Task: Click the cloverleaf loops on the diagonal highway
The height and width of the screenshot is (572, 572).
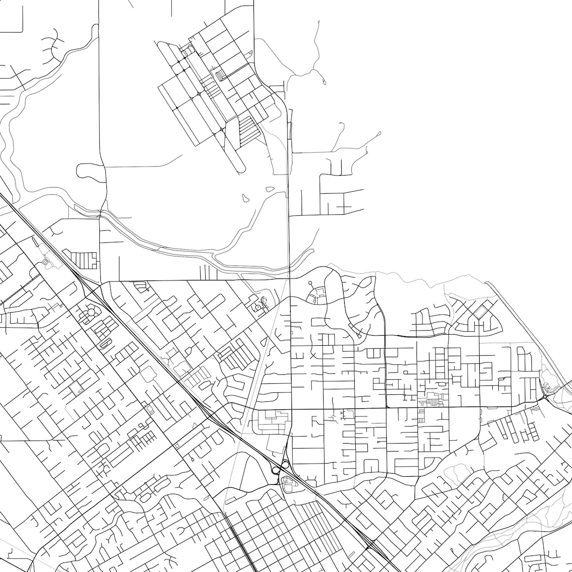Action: (277, 468)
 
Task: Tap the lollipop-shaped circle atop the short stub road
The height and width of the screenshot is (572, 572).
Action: (310, 283)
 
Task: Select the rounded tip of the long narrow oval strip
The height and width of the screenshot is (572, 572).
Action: (242, 169)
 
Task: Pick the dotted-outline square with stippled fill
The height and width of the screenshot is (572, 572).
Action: (76, 387)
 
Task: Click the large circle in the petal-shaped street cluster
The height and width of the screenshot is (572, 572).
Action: (91, 313)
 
